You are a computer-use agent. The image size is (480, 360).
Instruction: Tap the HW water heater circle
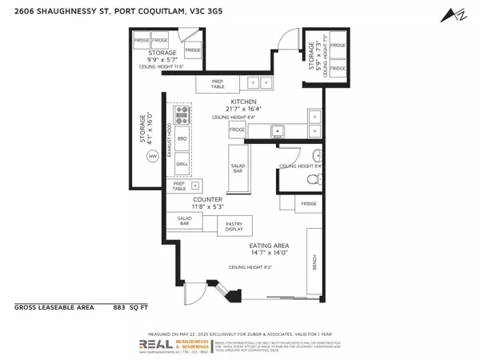(x=152, y=158)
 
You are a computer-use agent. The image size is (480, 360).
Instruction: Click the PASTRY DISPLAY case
(x=234, y=225)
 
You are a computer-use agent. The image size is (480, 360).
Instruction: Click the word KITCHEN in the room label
(x=243, y=102)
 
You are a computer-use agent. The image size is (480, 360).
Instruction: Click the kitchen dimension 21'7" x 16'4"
(x=243, y=110)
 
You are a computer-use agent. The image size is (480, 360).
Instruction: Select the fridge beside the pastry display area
(x=309, y=204)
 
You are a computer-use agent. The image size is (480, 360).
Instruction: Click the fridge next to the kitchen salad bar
(x=237, y=130)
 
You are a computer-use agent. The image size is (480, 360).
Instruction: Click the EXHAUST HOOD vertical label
(x=170, y=139)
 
